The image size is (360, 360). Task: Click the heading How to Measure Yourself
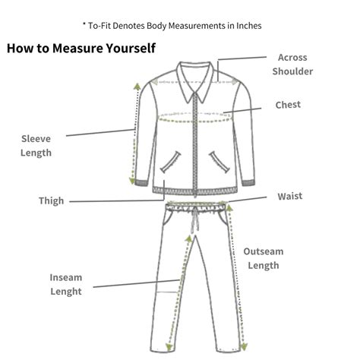point(81,48)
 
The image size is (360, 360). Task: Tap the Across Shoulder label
point(292,65)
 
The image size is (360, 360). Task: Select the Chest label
point(288,105)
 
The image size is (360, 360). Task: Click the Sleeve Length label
point(36,146)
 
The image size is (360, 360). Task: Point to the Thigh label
point(51,201)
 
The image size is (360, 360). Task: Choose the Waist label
point(290,196)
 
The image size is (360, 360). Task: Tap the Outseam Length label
point(264,258)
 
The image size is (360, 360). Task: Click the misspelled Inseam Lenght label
point(66,284)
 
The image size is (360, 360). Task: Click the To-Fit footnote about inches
point(172,26)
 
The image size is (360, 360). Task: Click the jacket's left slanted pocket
point(171,162)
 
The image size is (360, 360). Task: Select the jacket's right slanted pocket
point(219,162)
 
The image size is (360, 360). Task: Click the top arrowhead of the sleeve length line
point(137,87)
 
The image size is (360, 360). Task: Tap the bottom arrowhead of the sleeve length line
point(132,181)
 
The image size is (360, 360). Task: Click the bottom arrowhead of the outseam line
point(244,346)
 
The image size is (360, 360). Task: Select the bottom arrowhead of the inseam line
point(169,347)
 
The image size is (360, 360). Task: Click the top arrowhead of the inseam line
point(189,238)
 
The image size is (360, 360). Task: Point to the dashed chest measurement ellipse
point(195,122)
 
